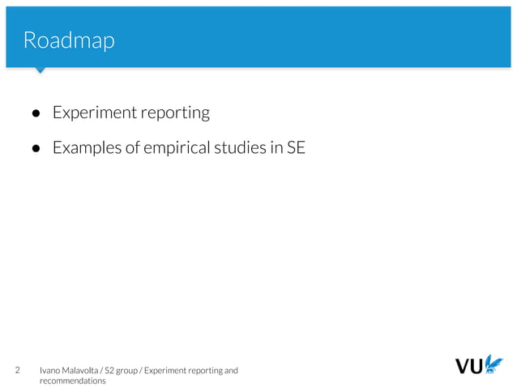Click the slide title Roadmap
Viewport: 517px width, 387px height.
pos(69,40)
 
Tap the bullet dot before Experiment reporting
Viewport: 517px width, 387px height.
pos(36,114)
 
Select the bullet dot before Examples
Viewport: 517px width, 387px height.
pos(36,149)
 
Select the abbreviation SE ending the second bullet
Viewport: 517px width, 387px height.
pos(296,148)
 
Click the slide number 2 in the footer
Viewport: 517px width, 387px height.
pos(19,371)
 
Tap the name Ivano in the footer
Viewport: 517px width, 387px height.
pos(51,371)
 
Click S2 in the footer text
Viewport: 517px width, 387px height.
pos(111,371)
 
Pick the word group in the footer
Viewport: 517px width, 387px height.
pos(131,371)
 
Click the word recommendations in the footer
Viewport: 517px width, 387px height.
pos(73,381)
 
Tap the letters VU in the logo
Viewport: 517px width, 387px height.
pos(469,367)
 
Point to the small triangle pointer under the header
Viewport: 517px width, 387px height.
pos(39,70)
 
